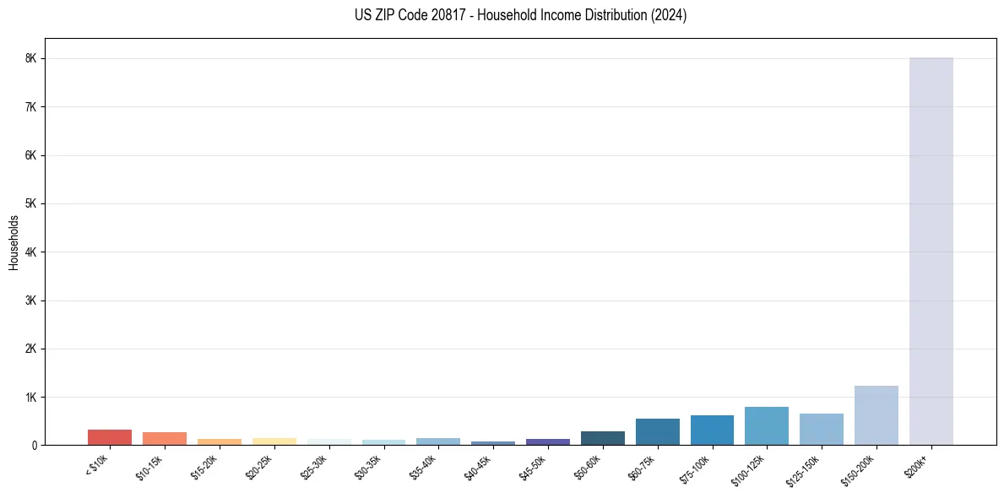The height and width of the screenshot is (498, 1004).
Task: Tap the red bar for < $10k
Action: [110, 437]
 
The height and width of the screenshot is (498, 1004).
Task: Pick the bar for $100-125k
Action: [766, 426]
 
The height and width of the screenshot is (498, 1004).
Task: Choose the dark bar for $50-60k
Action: [602, 438]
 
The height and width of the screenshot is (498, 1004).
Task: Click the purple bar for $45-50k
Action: [547, 441]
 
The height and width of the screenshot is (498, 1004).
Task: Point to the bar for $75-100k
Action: [712, 430]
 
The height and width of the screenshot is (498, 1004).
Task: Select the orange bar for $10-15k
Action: [165, 438]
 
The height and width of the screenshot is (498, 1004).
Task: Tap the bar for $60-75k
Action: [657, 431]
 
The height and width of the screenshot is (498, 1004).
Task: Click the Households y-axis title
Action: [14, 242]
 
